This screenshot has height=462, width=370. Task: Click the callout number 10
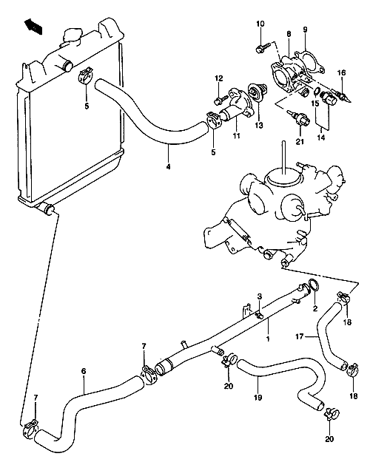[260, 24]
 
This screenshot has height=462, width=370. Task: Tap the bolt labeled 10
[263, 47]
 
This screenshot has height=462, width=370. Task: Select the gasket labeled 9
[310, 63]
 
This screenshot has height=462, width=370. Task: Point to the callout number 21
[300, 142]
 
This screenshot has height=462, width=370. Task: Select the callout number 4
[168, 167]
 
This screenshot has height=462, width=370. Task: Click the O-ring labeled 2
[314, 285]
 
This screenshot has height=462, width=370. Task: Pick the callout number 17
[299, 336]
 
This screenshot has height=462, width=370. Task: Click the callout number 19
[258, 398]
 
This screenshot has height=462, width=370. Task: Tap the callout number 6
[84, 371]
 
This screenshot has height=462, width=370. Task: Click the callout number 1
[268, 339]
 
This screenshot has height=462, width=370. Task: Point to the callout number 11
[236, 136]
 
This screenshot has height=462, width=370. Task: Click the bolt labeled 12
[221, 100]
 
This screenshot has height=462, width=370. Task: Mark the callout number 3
[259, 296]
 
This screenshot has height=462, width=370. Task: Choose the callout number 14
[321, 137]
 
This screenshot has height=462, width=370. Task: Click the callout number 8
[289, 34]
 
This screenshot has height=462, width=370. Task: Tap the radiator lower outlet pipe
[47, 209]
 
